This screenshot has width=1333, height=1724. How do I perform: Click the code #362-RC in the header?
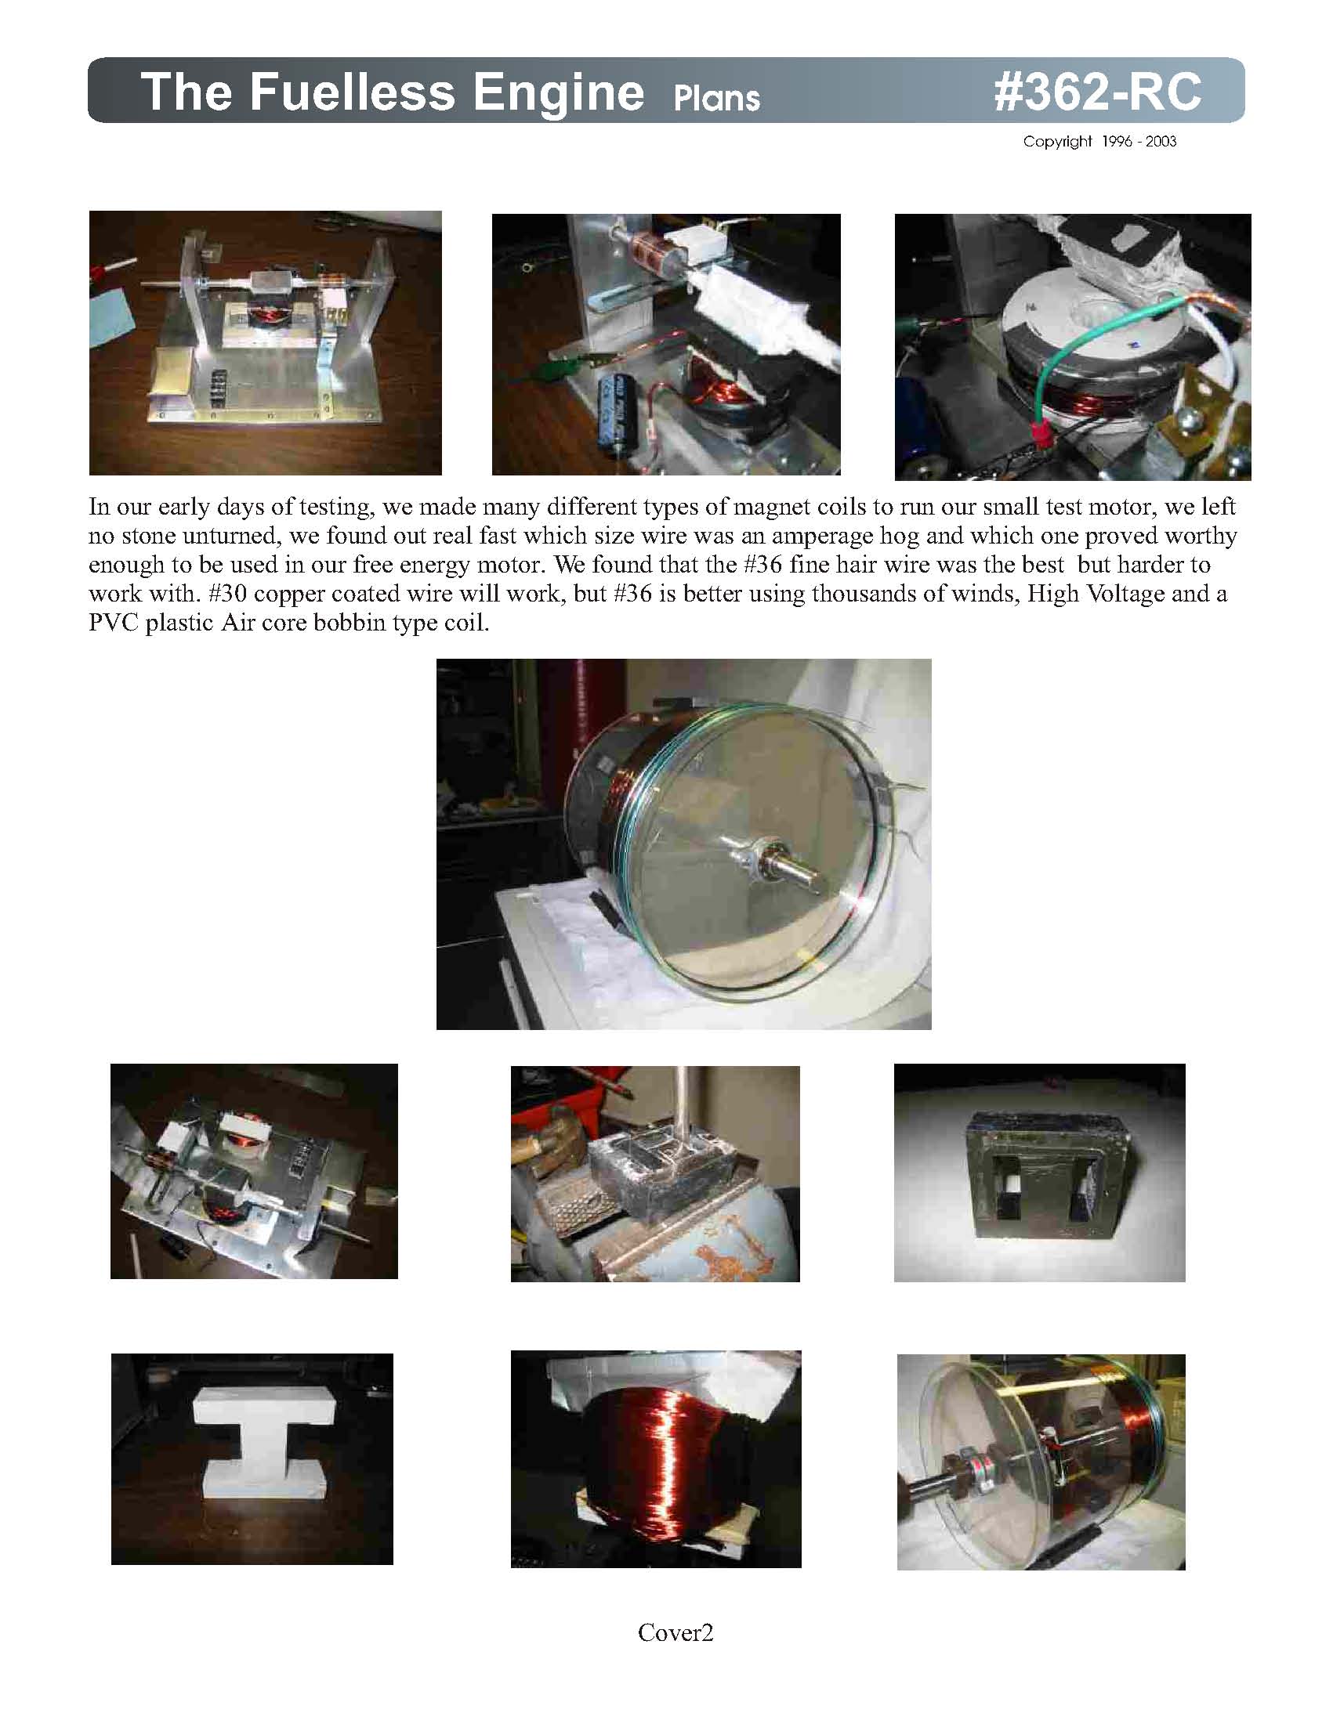coord(1097,92)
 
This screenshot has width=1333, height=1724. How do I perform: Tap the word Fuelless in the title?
coord(352,92)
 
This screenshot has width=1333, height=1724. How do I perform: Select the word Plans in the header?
coord(716,99)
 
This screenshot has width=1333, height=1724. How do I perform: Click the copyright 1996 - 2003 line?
coord(1099,141)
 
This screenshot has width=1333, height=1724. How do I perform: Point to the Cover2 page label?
coord(676,1632)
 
